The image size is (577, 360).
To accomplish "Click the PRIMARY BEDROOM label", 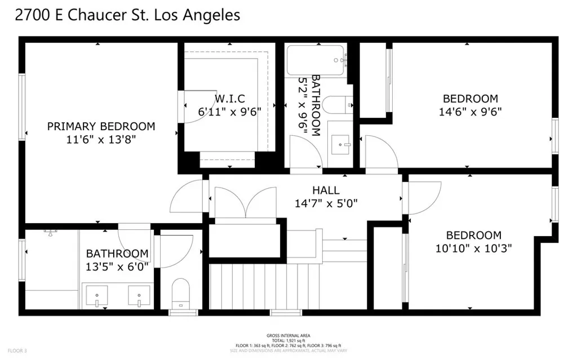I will click(100, 126).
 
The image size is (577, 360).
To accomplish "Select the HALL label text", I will click(326, 190).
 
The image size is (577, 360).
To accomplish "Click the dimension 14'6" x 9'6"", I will click(470, 112).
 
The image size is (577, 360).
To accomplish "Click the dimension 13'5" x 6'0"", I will click(117, 266).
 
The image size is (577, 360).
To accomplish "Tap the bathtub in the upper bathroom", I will click(316, 61).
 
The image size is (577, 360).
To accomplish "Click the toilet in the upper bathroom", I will click(339, 105).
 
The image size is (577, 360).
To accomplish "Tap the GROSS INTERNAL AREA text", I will click(288, 336).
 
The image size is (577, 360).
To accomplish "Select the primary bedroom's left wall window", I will click(23, 106).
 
